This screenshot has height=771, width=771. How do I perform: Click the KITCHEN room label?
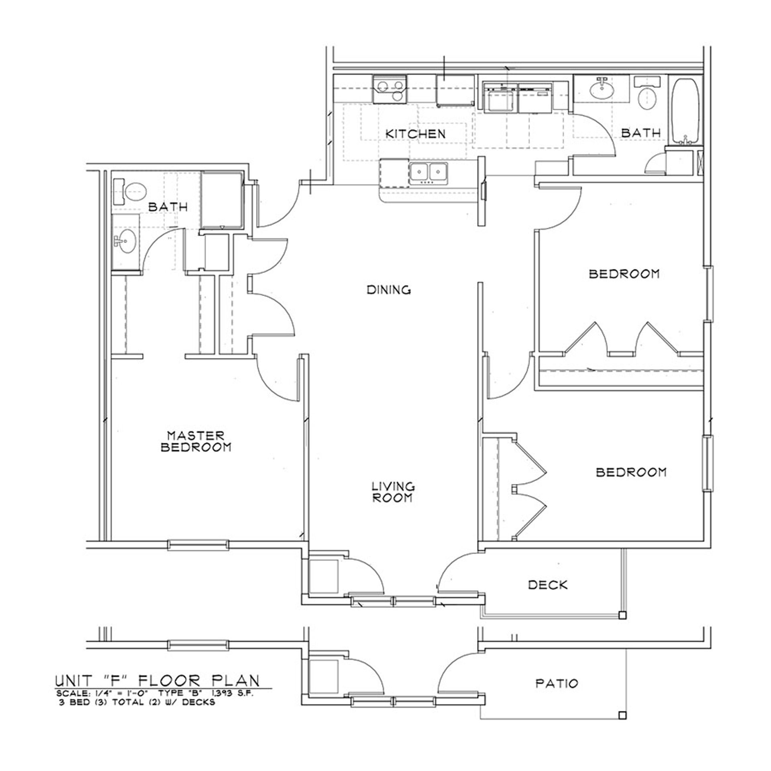click(x=415, y=134)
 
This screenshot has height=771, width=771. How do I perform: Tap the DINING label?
click(x=389, y=290)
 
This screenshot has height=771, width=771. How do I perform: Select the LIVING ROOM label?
click(x=392, y=492)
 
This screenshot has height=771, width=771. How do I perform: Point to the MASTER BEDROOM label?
click(x=196, y=441)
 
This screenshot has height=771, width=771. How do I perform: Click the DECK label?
click(x=548, y=585)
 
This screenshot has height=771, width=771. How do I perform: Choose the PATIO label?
click(x=557, y=683)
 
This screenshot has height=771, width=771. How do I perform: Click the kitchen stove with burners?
click(x=390, y=89)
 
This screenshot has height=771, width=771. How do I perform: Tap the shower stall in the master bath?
click(x=222, y=200)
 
